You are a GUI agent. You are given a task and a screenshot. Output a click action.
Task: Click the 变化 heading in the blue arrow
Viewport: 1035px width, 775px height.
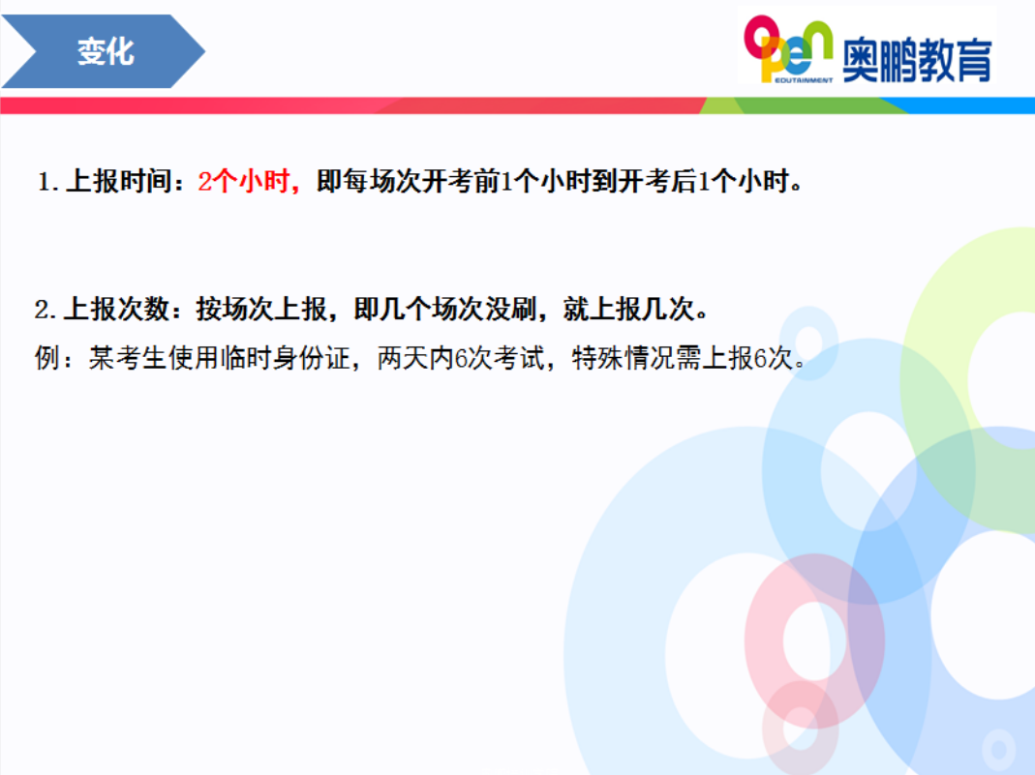tap(106, 51)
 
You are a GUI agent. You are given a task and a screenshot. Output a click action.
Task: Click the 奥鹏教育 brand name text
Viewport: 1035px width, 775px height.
tap(918, 60)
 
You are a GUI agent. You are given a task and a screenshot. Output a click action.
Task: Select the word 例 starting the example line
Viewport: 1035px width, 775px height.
tap(46, 358)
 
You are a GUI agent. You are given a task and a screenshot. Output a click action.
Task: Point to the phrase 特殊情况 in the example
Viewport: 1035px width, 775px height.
tap(624, 358)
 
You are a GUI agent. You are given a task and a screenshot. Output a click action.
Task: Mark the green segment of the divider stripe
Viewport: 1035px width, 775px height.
tap(806, 105)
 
